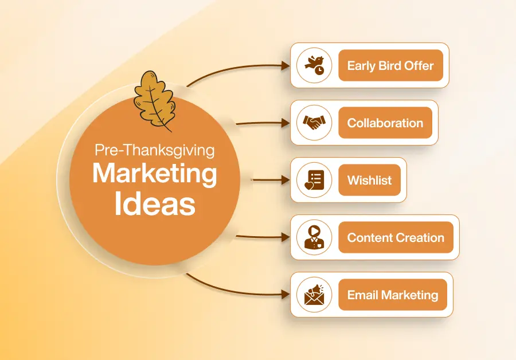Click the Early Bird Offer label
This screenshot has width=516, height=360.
390,65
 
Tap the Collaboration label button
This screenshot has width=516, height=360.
385,123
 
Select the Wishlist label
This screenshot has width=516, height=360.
369,180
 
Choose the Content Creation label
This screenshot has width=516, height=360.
396,237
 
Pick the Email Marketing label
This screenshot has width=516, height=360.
392,295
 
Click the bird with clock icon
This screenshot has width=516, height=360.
314,65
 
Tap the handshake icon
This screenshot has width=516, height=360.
314,123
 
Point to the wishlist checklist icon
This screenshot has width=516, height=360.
314,180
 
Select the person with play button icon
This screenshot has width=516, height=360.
314,237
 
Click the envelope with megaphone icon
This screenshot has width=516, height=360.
314,295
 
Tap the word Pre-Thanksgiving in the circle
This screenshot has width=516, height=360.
154,151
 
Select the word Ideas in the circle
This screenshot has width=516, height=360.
154,204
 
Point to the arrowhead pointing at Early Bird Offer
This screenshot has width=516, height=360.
285,65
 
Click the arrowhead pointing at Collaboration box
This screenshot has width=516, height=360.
285,123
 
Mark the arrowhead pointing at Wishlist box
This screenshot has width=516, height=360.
285,180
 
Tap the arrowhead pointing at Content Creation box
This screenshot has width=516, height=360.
285,237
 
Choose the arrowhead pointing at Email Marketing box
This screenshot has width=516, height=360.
285,295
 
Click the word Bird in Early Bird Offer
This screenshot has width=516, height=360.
389,65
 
